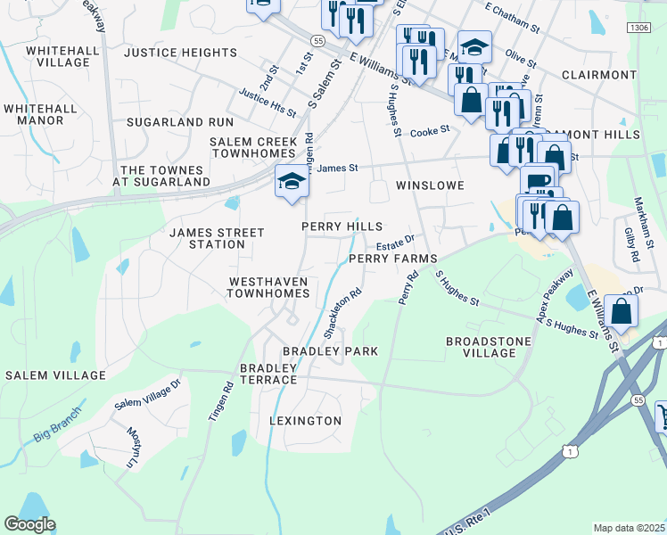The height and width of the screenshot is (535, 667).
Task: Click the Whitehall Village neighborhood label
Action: [57, 56]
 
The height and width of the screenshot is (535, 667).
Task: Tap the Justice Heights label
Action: [180, 53]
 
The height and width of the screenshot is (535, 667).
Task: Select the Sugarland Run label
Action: [179, 121]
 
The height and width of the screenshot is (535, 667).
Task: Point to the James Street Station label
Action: [217, 238]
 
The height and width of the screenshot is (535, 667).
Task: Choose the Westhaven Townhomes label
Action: [268, 287]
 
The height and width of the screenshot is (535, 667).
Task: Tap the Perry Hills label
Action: [342, 227]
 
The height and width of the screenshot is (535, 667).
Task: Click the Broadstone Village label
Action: [488, 347]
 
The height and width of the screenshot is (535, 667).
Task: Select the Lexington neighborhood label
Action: [306, 420]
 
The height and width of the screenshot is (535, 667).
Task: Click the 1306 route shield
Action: [638, 29]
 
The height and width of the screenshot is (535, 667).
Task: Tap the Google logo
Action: [29, 524]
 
